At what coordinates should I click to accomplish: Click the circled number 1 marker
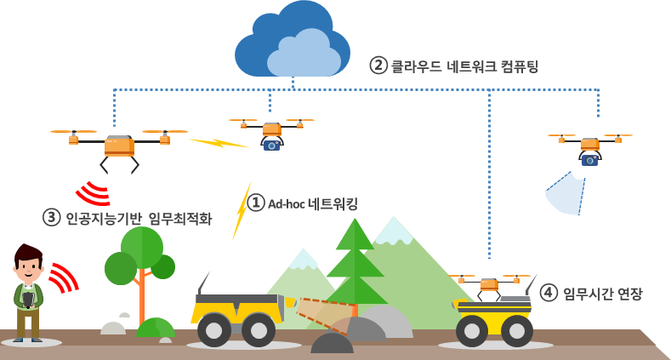click(x=256, y=203)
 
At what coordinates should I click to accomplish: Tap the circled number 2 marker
click(x=378, y=66)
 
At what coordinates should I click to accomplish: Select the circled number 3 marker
click(x=52, y=218)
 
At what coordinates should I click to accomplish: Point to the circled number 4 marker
click(x=549, y=293)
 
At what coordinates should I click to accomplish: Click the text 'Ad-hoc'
click(x=287, y=204)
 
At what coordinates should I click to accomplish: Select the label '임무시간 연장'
click(x=603, y=294)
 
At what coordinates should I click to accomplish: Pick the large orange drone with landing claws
click(x=119, y=146)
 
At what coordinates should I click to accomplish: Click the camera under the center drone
click(x=271, y=145)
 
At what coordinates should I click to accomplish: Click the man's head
click(x=28, y=264)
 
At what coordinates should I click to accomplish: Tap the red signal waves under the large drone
click(x=94, y=194)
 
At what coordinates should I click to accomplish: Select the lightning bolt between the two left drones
click(x=219, y=141)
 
